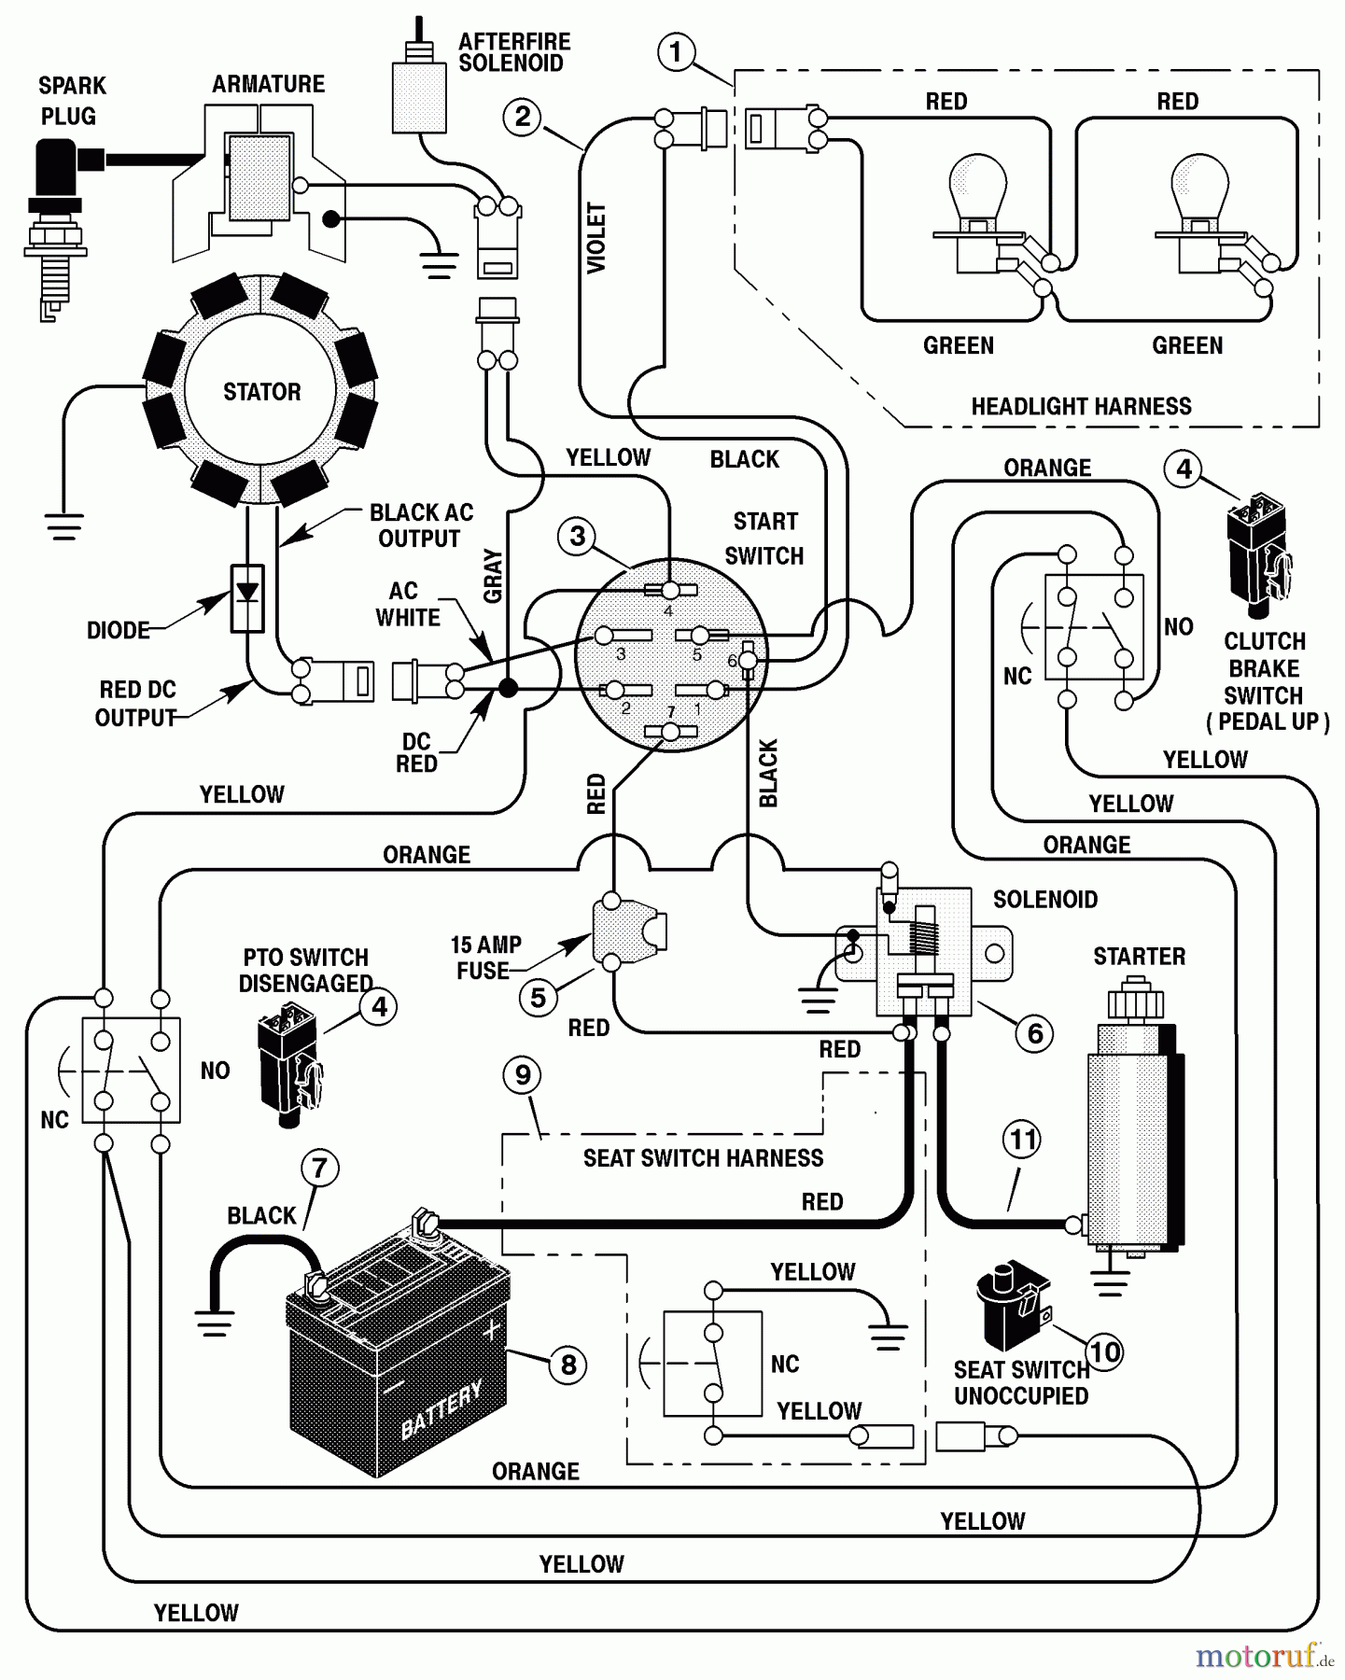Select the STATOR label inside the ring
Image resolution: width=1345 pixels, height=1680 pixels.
pyautogui.click(x=261, y=392)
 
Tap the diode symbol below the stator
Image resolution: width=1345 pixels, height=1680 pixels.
pyautogui.click(x=246, y=594)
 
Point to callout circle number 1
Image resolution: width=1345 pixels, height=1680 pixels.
pyautogui.click(x=677, y=51)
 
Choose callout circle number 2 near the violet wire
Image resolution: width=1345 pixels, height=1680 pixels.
pyautogui.click(x=523, y=117)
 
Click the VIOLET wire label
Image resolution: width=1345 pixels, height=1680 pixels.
pyautogui.click(x=596, y=239)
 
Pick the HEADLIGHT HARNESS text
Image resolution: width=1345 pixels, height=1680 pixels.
pyautogui.click(x=1081, y=407)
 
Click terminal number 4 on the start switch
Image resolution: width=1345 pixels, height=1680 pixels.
pyautogui.click(x=668, y=591)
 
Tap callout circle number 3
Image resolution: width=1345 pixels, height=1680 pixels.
pyautogui.click(x=577, y=536)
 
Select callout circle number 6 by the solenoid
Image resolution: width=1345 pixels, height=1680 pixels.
pyautogui.click(x=1034, y=1033)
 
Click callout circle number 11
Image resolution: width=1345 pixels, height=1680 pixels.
pyautogui.click(x=1023, y=1140)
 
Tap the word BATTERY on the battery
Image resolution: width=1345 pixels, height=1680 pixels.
pyautogui.click(x=441, y=1410)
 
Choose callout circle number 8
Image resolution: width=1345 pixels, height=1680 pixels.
pyautogui.click(x=567, y=1365)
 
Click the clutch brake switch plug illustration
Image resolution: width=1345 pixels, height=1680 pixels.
pyautogui.click(x=1258, y=555)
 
